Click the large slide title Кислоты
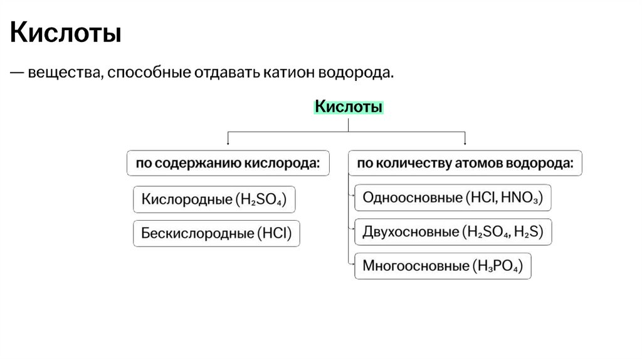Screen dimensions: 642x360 65,33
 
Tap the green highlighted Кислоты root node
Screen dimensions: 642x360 348,107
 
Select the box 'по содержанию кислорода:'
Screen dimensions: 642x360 228,163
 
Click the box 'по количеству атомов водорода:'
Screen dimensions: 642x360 465,163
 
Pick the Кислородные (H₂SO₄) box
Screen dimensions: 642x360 214,199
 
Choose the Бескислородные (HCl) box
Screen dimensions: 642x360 216,234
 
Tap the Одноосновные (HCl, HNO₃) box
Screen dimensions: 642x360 453,198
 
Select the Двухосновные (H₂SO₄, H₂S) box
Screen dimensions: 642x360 453,232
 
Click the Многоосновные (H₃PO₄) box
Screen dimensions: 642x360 443,266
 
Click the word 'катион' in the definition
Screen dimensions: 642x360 288,73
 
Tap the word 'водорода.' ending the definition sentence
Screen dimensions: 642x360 357,73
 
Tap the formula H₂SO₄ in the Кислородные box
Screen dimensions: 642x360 261,200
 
